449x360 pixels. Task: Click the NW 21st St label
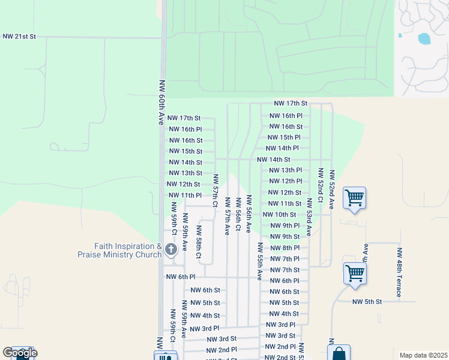click(19, 37)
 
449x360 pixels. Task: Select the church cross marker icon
click(170, 250)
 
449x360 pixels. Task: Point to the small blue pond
click(424, 38)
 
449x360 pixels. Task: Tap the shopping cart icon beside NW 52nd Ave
click(355, 197)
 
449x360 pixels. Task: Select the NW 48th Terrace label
click(398, 272)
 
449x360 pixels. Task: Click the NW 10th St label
click(279, 214)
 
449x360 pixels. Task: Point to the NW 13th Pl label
click(285, 170)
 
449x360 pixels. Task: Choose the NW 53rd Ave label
click(309, 217)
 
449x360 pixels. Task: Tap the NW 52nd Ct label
click(321, 188)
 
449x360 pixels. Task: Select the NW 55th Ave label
click(260, 262)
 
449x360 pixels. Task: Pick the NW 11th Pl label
click(185, 196)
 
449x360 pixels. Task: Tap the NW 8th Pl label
click(285, 248)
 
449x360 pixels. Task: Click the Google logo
click(20, 352)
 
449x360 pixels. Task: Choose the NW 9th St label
click(285, 236)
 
